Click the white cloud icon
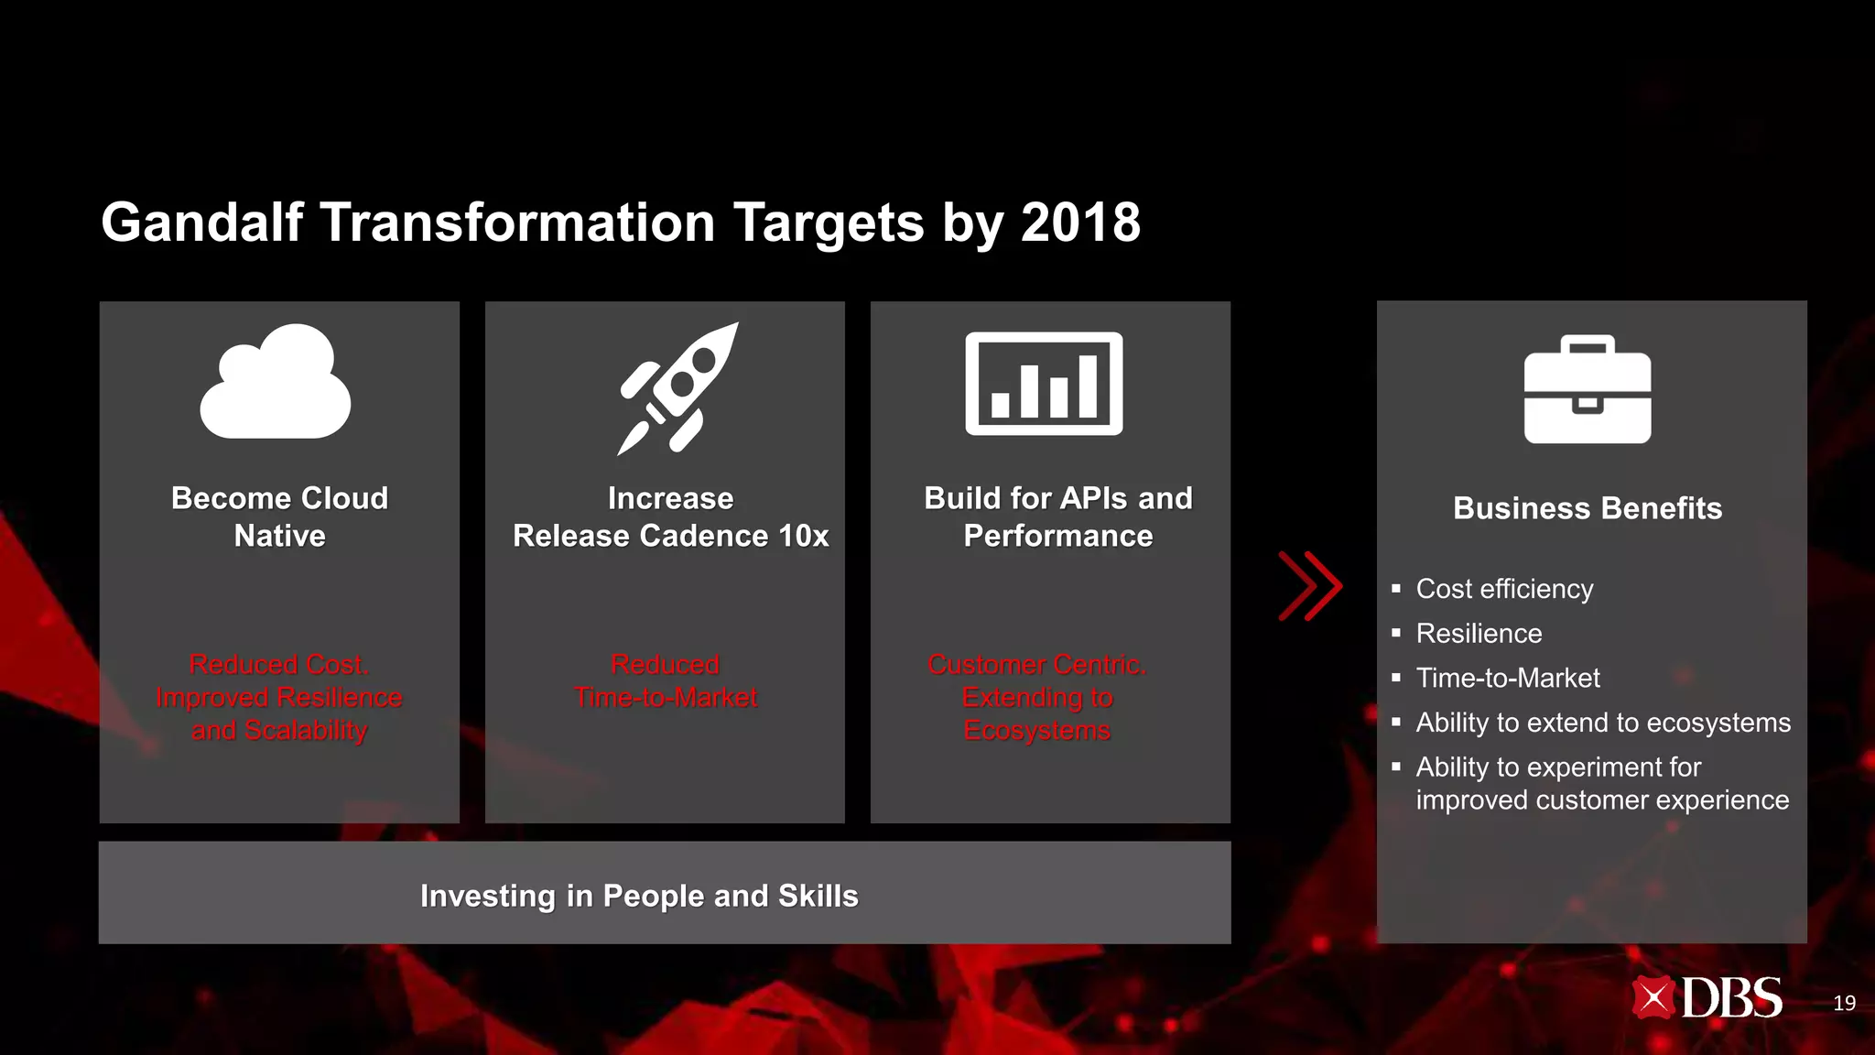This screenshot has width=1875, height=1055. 275,383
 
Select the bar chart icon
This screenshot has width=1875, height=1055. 1044,384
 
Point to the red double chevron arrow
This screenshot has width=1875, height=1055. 1310,586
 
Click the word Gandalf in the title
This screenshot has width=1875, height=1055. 201,223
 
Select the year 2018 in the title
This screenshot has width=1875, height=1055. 1080,223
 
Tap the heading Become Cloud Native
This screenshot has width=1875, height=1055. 279,517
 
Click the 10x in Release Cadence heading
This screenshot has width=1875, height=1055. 803,536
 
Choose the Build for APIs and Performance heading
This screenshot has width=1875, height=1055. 1057,517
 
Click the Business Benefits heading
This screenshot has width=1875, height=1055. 1588,508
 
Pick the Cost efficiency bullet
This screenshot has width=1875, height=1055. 1504,589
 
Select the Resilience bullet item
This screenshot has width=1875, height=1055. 1479,634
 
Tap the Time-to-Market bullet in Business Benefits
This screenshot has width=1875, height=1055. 1508,678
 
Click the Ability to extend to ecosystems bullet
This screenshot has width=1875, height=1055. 1602,723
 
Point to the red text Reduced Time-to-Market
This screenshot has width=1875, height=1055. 666,681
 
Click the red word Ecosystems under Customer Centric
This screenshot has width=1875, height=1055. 1036,731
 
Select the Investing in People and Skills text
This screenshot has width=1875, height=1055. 639,896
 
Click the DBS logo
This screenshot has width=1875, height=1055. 1707,998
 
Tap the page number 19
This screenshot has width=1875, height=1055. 1844,1004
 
